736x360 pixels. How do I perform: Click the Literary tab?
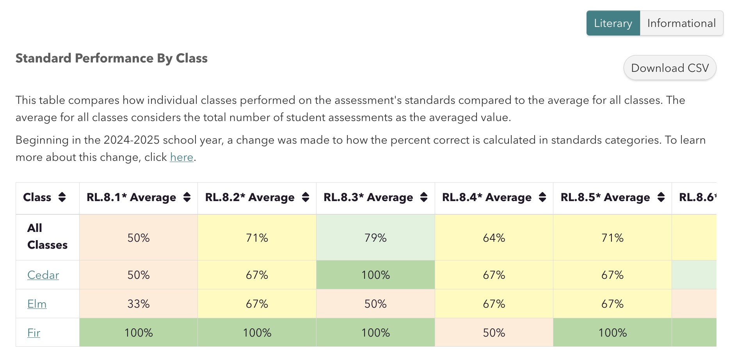click(613, 23)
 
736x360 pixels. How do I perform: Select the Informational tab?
click(681, 23)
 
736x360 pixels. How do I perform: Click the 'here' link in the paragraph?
click(181, 157)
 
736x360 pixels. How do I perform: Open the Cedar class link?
click(43, 275)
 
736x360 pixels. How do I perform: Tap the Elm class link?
click(37, 304)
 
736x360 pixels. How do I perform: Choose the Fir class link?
click(34, 333)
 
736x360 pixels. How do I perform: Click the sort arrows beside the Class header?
click(62, 198)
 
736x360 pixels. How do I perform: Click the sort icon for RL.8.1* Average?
click(187, 198)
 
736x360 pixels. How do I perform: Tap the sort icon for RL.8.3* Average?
click(424, 198)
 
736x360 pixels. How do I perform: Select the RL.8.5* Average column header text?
click(605, 198)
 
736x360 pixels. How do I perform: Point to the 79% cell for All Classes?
click(375, 238)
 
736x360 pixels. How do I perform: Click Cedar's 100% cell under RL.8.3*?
click(375, 275)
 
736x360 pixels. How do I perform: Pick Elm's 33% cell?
click(139, 304)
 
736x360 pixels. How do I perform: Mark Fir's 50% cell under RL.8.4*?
click(494, 333)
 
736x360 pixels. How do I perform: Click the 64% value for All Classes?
click(494, 238)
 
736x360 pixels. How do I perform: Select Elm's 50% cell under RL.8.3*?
click(375, 304)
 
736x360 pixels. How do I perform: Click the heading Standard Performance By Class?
click(112, 59)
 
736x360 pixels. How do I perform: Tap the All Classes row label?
click(47, 237)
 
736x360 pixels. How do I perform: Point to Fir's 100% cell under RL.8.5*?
click(612, 333)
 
